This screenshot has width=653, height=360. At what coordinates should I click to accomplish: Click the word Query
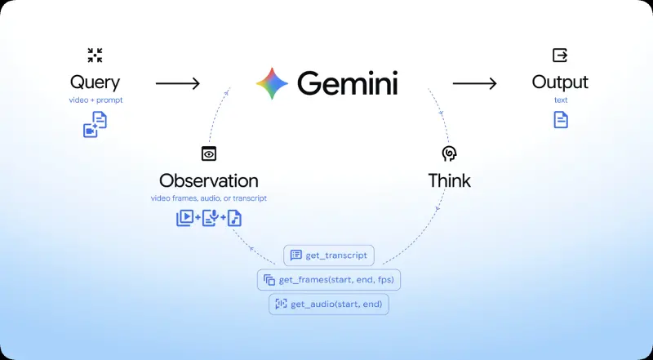(x=95, y=83)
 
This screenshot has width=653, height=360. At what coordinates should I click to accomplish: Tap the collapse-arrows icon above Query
(x=95, y=55)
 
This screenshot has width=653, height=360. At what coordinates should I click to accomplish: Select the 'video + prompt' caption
(x=96, y=100)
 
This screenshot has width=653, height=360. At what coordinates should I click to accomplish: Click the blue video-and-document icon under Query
(x=95, y=124)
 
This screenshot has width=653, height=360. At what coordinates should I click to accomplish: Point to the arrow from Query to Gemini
(x=178, y=84)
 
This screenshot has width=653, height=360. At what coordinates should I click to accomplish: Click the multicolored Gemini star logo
(x=272, y=83)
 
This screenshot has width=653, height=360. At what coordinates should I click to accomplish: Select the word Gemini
(x=348, y=83)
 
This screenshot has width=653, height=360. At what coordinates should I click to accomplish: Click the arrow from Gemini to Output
(x=475, y=84)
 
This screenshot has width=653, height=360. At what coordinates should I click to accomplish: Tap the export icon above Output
(x=560, y=55)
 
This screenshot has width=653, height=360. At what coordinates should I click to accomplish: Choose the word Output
(x=560, y=82)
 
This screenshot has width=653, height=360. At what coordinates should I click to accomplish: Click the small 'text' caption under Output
(x=561, y=100)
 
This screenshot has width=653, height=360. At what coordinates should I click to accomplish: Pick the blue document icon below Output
(x=561, y=119)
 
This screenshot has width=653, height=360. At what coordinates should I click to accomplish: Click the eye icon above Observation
(x=209, y=153)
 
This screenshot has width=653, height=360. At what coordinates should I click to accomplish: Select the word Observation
(x=209, y=181)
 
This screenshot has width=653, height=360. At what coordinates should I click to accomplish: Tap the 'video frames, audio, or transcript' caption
(x=209, y=198)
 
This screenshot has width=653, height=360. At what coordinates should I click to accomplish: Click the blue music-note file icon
(x=234, y=218)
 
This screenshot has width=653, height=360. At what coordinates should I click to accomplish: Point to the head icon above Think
(x=450, y=153)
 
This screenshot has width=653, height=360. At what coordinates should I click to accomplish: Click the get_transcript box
(x=329, y=256)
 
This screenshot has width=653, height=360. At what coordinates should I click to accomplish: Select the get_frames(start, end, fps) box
(x=329, y=280)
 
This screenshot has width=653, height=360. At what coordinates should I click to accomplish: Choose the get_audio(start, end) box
(x=329, y=304)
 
